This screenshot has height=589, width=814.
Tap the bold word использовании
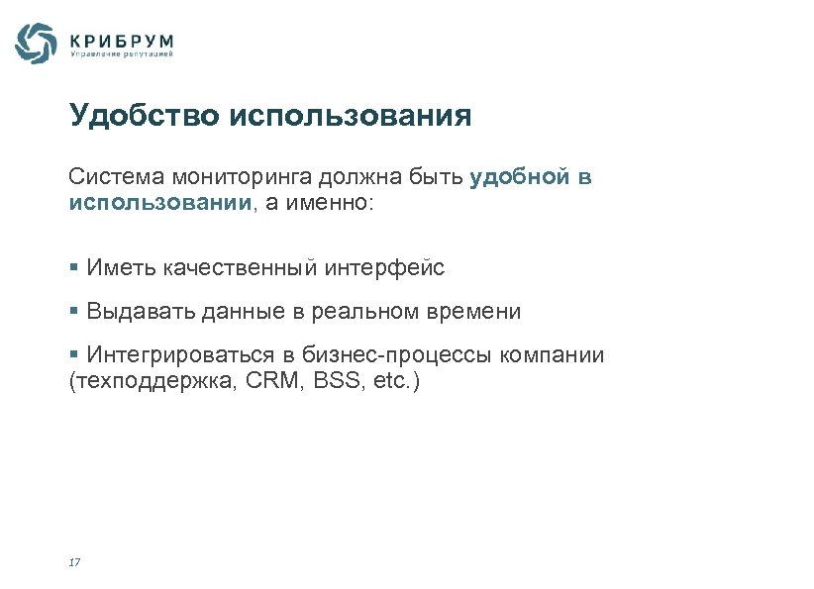(x=161, y=203)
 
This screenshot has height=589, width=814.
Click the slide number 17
(x=74, y=562)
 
